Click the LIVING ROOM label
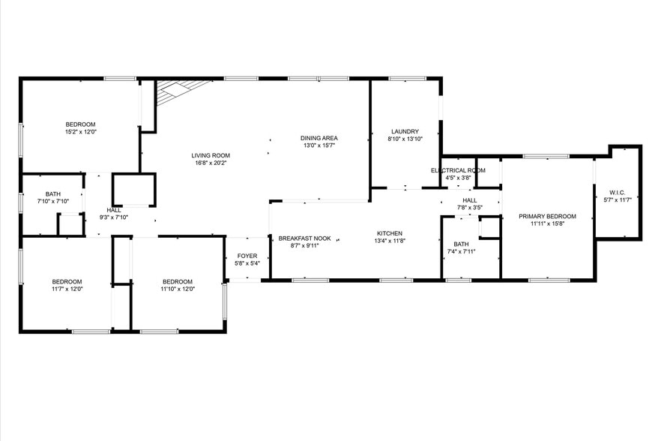(210, 154)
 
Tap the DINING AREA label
(319, 138)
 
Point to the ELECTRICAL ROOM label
(458, 170)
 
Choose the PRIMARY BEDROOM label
(547, 216)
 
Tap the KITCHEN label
(389, 233)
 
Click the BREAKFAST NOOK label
(304, 238)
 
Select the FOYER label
(247, 256)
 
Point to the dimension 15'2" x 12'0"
(80, 132)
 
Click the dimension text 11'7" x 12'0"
(67, 289)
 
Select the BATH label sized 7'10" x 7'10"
(52, 193)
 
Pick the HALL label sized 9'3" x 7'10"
(114, 210)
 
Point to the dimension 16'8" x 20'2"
(210, 163)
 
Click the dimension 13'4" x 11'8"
(389, 241)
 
